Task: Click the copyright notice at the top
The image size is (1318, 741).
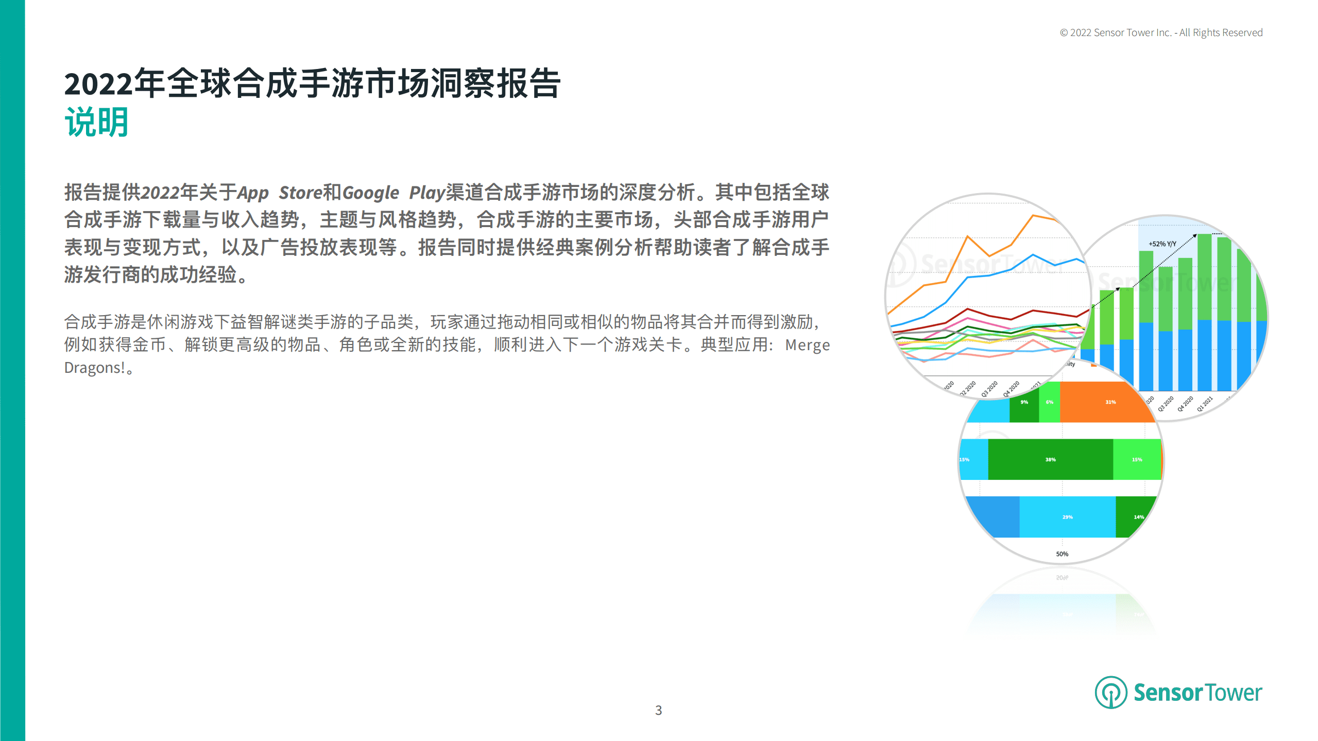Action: (1161, 33)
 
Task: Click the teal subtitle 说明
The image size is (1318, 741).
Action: (96, 123)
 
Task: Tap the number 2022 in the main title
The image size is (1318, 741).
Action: (98, 84)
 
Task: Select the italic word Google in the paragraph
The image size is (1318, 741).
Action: (370, 193)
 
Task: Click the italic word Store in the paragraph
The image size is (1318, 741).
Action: (300, 193)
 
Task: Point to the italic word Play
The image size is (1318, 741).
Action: (426, 193)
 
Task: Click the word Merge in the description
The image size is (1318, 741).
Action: (807, 345)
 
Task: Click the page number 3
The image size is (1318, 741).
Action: (658, 710)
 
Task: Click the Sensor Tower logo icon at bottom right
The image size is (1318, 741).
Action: (1110, 692)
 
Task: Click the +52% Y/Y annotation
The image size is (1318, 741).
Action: (1162, 244)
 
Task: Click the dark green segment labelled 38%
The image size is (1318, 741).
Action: (1050, 459)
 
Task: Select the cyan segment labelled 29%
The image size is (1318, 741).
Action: (1067, 517)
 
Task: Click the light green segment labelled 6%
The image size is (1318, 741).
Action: (1049, 402)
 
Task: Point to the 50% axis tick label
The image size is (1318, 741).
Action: (1062, 554)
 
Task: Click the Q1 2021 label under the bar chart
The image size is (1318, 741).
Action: (1204, 404)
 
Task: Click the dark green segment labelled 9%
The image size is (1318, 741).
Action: (1024, 402)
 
